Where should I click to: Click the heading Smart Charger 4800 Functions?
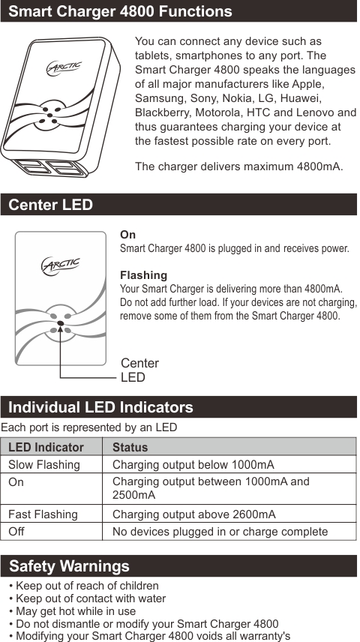pyautogui.click(x=120, y=11)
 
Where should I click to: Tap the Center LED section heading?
pyautogui.click(x=51, y=205)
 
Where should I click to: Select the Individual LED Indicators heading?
pyautogui.click(x=100, y=407)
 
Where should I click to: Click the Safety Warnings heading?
pyautogui.click(x=69, y=566)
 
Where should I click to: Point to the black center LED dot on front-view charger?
pyautogui.click(x=60, y=325)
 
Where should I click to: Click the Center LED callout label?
pyautogui.click(x=139, y=370)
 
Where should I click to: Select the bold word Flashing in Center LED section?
pyautogui.click(x=143, y=275)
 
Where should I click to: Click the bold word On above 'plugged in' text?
pyautogui.click(x=127, y=235)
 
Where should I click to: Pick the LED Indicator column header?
pyautogui.click(x=46, y=448)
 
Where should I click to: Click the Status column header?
pyautogui.click(x=130, y=448)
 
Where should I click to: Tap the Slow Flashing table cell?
pyautogui.click(x=43, y=465)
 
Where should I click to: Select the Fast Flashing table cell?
pyautogui.click(x=43, y=514)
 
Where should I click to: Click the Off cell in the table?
pyautogui.click(x=16, y=532)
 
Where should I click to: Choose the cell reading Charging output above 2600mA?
pyautogui.click(x=193, y=514)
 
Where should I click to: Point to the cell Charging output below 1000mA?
pyautogui.click(x=193, y=465)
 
